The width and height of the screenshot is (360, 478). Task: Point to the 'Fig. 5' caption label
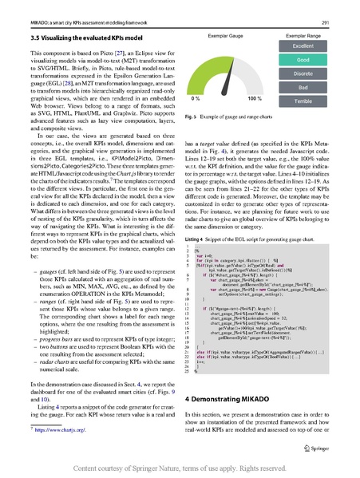tap(190, 117)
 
